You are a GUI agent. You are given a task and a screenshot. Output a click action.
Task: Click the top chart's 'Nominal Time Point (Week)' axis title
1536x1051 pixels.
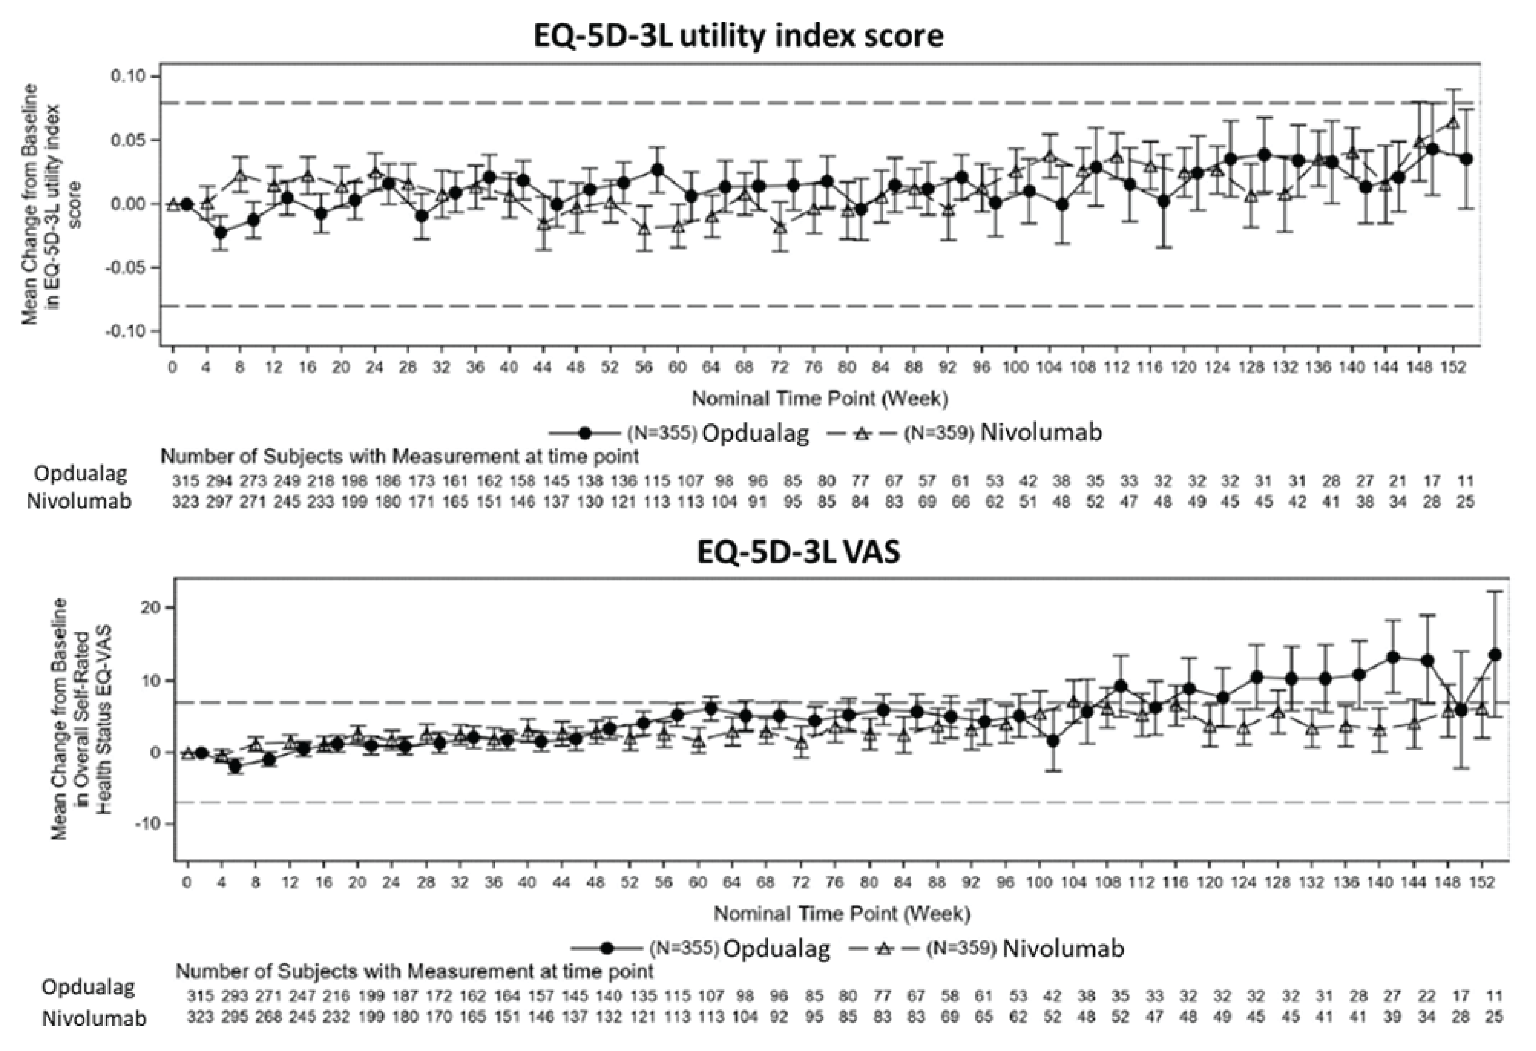tap(820, 399)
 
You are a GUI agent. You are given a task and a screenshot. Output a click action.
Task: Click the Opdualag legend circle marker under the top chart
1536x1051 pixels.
tap(584, 433)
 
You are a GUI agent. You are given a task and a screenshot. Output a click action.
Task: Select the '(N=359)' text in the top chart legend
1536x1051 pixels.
tap(938, 433)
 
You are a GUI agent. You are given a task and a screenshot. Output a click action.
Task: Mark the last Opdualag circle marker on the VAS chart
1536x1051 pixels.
tap(1495, 655)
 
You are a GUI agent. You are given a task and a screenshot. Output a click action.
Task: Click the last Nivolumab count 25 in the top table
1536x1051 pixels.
tap(1465, 502)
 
